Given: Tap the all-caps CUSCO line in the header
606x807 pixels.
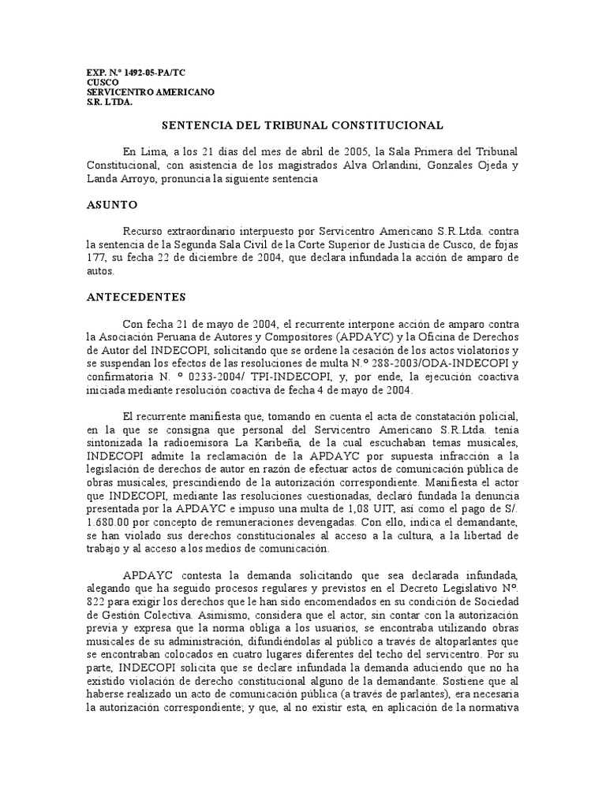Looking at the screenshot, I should click(x=103, y=82).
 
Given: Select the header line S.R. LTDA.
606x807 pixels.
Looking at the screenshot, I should click(x=110, y=102).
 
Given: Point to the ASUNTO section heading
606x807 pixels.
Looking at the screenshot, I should click(x=111, y=205).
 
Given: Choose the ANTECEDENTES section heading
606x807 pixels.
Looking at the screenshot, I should click(x=136, y=297).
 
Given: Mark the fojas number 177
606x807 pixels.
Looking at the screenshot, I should click(x=95, y=258).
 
